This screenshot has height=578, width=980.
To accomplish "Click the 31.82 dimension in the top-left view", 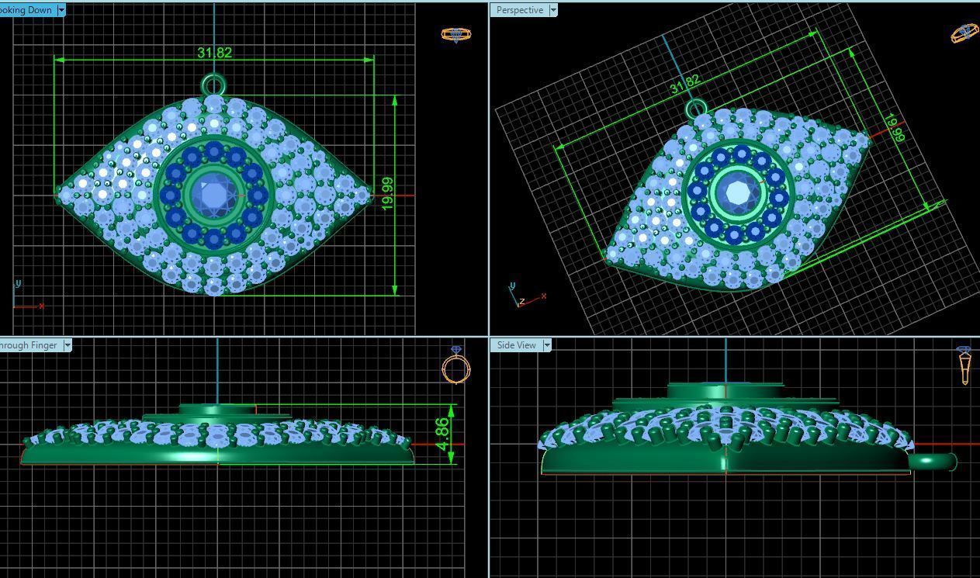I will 214,53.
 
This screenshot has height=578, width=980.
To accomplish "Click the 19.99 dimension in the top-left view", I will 387,192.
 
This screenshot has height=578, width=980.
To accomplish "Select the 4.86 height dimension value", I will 442,434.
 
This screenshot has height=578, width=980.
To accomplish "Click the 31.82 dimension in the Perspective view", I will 684,84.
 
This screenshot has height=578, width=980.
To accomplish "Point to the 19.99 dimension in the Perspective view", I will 893,128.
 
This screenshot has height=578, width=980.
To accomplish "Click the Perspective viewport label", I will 519,10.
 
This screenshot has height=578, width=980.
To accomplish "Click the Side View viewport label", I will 516,345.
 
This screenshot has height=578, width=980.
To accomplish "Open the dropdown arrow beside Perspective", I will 552,10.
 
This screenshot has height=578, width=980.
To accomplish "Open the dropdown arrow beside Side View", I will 546,345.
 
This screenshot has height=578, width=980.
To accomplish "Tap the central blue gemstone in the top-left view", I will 213,193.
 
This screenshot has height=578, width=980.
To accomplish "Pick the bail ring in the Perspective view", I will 696,109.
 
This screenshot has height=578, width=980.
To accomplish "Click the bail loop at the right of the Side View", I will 933,462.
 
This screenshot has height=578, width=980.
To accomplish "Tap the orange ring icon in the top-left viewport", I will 455,34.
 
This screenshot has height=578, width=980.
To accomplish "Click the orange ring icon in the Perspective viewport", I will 964,33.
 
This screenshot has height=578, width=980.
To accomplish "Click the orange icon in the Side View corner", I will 964,365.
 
